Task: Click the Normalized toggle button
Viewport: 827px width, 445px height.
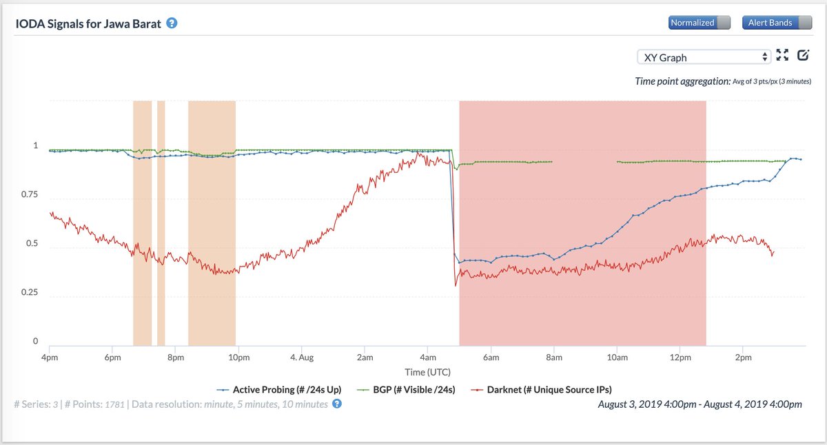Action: point(699,23)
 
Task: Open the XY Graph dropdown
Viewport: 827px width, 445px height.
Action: point(703,57)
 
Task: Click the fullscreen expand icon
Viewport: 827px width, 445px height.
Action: point(782,56)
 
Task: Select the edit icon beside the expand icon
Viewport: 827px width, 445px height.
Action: point(803,56)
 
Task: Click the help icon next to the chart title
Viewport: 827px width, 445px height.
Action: point(172,23)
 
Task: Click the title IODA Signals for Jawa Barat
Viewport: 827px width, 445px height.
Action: point(88,23)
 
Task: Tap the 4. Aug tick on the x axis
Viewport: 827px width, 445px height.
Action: point(302,358)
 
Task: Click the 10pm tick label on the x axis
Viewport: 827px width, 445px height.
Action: point(238,358)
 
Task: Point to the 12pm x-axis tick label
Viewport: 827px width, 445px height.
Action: point(680,358)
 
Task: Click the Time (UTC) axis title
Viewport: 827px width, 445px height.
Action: point(428,372)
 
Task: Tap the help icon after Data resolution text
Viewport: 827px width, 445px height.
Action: point(337,404)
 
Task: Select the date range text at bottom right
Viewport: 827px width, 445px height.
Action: point(700,404)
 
